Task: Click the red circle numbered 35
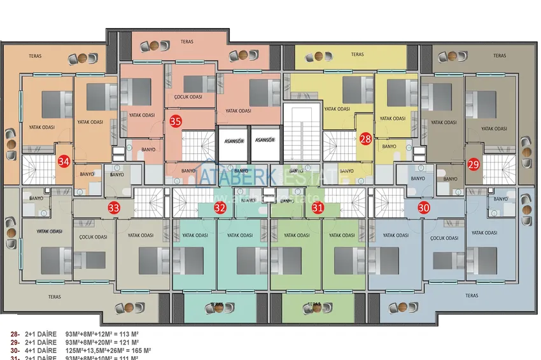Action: [x=176, y=121]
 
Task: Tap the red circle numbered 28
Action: [x=365, y=138]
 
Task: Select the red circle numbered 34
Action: [x=63, y=162]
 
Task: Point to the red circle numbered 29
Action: [x=474, y=163]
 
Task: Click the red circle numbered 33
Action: [x=114, y=207]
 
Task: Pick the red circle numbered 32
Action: [x=220, y=207]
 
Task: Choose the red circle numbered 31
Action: [x=318, y=207]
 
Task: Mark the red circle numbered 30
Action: [x=424, y=207]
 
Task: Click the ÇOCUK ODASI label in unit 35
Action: [x=188, y=97]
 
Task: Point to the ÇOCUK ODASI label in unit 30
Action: [x=445, y=239]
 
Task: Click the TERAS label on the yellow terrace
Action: [x=358, y=55]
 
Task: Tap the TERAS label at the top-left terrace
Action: [x=35, y=57]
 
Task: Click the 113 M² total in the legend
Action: [x=127, y=334]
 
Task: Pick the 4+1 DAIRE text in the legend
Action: [x=41, y=350]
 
